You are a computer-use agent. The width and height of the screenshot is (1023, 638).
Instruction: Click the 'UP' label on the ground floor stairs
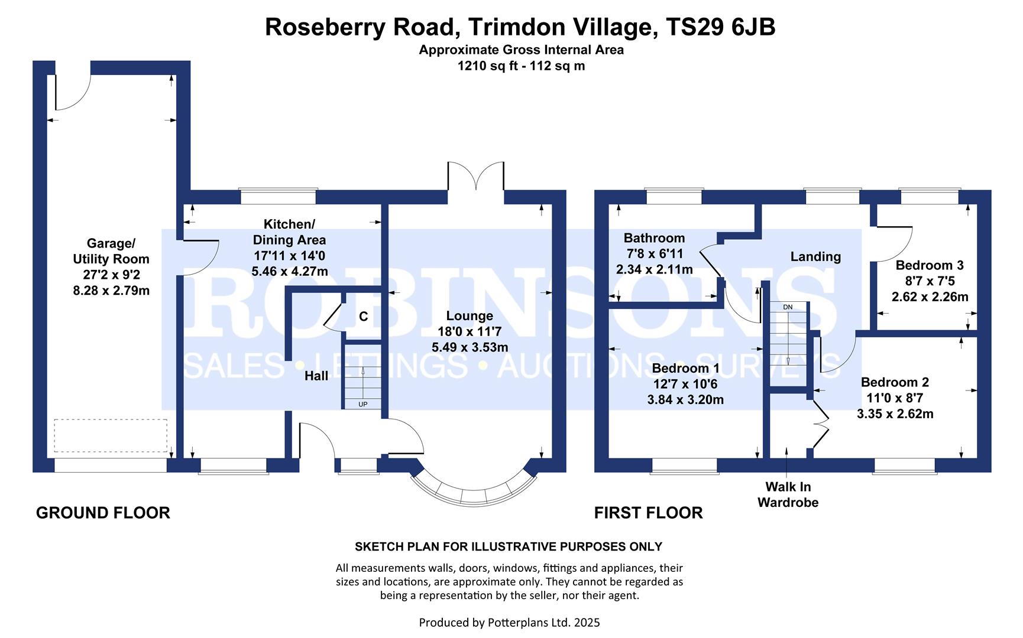[x=362, y=404]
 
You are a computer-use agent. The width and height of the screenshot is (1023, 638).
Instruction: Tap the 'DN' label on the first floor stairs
[x=788, y=307]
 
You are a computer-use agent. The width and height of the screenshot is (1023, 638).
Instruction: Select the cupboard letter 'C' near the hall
[x=363, y=317]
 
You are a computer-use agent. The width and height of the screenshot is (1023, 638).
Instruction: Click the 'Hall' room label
[x=316, y=376]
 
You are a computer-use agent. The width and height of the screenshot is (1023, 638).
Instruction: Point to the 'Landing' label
[x=815, y=256]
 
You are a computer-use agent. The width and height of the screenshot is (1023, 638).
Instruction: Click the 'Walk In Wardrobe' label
[x=788, y=495]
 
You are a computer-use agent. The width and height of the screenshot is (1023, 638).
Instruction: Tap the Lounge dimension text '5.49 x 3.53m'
[x=470, y=347]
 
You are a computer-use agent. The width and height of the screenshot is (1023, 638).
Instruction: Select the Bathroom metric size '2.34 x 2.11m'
[x=654, y=269]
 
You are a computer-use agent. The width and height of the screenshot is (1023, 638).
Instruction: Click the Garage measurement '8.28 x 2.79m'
[x=111, y=291]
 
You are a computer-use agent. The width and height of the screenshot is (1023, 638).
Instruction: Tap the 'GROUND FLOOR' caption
[x=103, y=513]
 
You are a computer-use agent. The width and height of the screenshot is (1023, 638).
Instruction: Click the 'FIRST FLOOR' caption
[x=648, y=513]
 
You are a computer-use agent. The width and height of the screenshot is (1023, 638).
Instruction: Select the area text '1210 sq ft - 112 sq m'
[x=521, y=66]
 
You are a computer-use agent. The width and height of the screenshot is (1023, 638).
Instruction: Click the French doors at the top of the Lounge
[x=476, y=176]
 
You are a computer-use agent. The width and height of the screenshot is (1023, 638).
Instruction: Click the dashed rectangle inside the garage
[x=111, y=435]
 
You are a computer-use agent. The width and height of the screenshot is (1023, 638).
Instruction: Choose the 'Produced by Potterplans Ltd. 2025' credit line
[x=509, y=622]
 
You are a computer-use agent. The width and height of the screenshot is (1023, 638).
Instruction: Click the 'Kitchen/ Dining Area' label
[x=289, y=232]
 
